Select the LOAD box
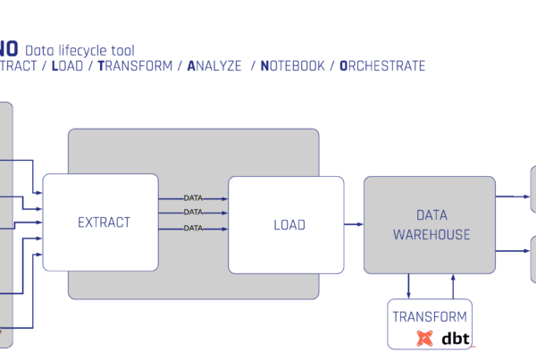pyautogui.click(x=286, y=224)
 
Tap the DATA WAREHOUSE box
pyautogui.click(x=429, y=224)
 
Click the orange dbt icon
pyautogui.click(x=425, y=339)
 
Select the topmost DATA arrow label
pyautogui.click(x=193, y=197)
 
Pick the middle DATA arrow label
pyautogui.click(x=193, y=213)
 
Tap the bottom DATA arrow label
pyautogui.click(x=193, y=229)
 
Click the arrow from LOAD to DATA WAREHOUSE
pyautogui.click(x=353, y=224)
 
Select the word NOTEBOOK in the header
pyautogui.click(x=291, y=66)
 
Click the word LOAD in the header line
pyautogui.click(x=68, y=66)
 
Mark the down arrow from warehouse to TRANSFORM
pyautogui.click(x=409, y=286)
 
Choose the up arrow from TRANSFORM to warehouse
pyautogui.click(x=453, y=286)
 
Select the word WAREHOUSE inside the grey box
pyautogui.click(x=431, y=235)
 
